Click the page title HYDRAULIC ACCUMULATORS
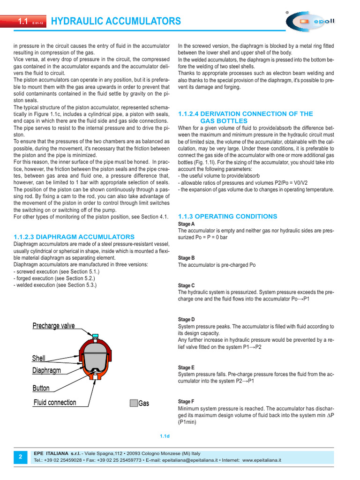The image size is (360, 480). pyautogui.click(x=115, y=21)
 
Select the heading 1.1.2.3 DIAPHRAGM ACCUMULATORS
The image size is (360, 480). pyautogui.click(x=74, y=237)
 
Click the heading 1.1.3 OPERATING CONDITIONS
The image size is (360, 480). pyautogui.click(x=228, y=216)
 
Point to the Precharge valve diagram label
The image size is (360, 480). pyautogui.click(x=53, y=326)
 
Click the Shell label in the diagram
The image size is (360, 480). pyautogui.click(x=39, y=358)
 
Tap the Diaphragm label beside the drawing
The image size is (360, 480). pyautogui.click(x=47, y=370)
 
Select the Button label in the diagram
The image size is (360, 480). pyautogui.click(x=41, y=388)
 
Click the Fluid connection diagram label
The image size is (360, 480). pyautogui.click(x=54, y=402)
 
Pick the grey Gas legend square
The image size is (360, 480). pyautogui.click(x=134, y=403)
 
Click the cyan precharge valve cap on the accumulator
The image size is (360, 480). pyautogui.click(x=95, y=335)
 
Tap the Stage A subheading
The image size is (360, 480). pyautogui.click(x=186, y=225)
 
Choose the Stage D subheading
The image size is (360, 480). pyautogui.click(x=186, y=319)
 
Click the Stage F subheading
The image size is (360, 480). pyautogui.click(x=186, y=402)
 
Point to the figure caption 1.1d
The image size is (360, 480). pyautogui.click(x=164, y=436)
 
